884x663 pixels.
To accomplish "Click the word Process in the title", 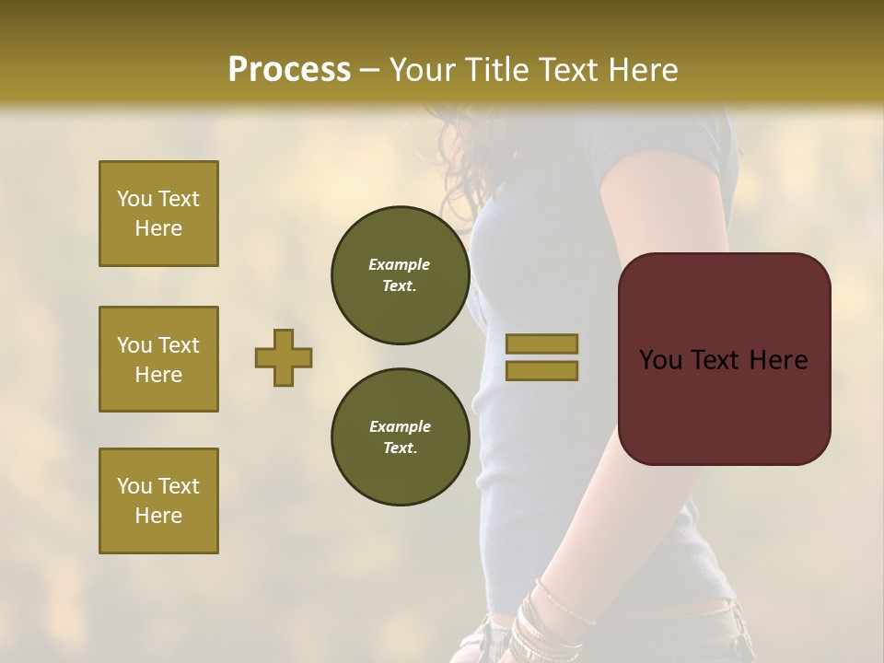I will [289, 69].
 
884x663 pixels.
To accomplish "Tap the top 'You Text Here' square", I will [158, 214].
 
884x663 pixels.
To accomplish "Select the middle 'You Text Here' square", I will [158, 359].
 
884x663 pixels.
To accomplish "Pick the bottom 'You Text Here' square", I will [158, 501].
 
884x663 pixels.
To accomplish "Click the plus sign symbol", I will [284, 357].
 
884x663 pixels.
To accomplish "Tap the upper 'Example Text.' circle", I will [400, 275].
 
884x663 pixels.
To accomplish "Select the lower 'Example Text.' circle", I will [400, 437].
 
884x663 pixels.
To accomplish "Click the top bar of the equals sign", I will [541, 344].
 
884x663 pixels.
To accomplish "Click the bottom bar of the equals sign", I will [541, 371].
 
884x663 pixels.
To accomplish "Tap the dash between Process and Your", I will [370, 71].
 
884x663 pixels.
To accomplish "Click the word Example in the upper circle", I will [400, 264].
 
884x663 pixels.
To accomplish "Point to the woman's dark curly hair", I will [460, 157].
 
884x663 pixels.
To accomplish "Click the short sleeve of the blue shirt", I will [663, 147].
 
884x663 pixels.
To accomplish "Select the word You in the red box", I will [660, 359].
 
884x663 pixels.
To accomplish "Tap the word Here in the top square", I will [158, 228].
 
